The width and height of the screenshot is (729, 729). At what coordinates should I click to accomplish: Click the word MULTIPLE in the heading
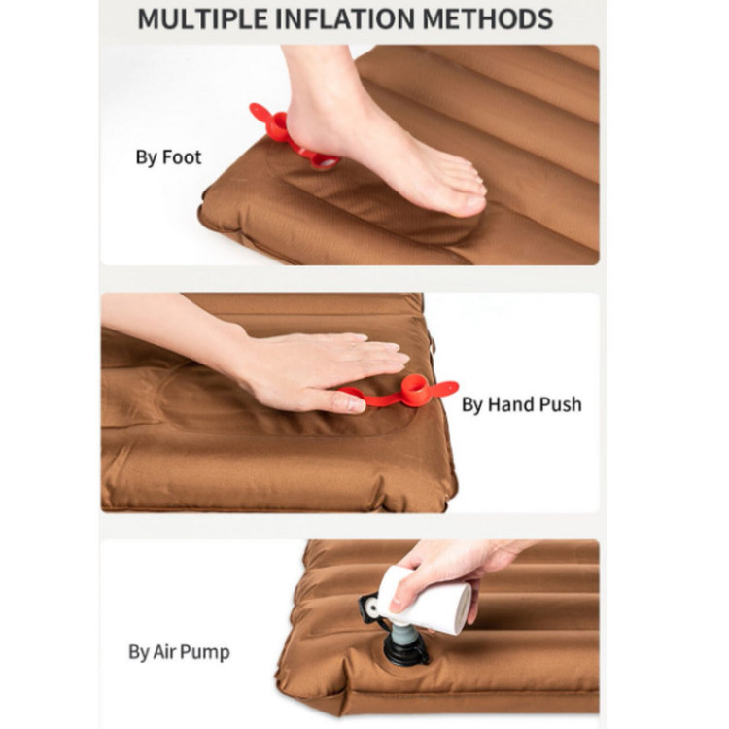[x=203, y=19]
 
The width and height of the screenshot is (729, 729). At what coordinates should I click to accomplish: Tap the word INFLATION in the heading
[x=345, y=19]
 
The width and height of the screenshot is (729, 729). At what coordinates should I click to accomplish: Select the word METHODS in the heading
[x=488, y=19]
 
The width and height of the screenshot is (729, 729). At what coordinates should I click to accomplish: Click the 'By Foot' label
[x=168, y=157]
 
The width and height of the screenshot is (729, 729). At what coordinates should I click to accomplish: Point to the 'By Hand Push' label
[x=522, y=404]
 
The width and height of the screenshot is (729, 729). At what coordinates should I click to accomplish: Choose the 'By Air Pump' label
[x=179, y=652]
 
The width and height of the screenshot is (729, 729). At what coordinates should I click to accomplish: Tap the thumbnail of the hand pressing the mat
[x=354, y=404]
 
